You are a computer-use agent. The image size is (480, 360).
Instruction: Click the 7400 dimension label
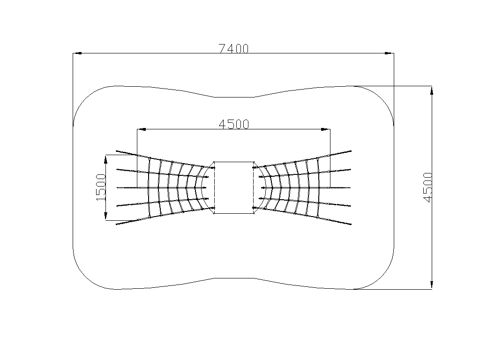click(233, 49)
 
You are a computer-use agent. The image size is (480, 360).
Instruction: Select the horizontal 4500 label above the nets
click(234, 124)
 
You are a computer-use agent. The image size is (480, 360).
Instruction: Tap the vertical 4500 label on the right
click(427, 187)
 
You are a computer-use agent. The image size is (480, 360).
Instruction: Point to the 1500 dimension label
click(101, 187)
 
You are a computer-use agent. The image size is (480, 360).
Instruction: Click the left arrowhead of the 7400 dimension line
click(78, 53)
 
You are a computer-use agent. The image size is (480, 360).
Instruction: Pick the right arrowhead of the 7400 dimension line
click(389, 53)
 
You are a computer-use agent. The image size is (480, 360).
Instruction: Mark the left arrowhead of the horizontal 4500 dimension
click(142, 129)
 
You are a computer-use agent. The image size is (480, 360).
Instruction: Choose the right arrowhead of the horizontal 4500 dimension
click(325, 129)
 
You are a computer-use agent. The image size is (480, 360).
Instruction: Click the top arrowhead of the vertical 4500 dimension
click(432, 91)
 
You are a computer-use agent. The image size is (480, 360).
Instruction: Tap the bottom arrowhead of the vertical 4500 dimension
click(432, 285)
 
